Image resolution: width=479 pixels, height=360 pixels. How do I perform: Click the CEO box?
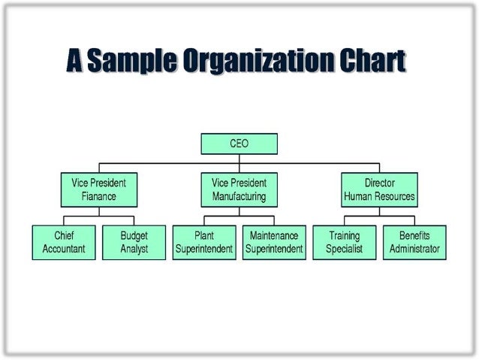(239, 144)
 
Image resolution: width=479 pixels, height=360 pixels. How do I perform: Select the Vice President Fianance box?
(98, 190)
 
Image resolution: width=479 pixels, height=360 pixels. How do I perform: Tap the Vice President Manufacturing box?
(239, 190)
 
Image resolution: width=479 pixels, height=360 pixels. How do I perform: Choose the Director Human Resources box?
(379, 190)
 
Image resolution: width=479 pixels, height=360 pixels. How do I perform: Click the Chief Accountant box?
(64, 242)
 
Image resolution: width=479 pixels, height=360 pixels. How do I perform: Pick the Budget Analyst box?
(134, 242)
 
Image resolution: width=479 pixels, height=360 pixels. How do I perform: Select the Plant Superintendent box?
(204, 242)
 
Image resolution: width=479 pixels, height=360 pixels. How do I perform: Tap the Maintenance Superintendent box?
(274, 242)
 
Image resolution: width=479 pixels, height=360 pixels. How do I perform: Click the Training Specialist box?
(345, 242)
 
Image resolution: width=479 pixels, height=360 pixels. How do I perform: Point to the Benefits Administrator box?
(414, 242)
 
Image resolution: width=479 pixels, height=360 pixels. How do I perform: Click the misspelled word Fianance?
(99, 197)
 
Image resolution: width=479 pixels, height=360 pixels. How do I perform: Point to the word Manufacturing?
(239, 197)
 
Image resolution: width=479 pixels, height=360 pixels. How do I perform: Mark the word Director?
(379, 183)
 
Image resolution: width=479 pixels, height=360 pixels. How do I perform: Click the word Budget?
(134, 235)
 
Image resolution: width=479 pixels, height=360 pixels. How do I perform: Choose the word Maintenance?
(274, 235)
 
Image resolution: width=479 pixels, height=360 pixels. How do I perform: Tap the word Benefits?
(414, 235)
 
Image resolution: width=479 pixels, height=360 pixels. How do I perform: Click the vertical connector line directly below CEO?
(239, 159)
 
